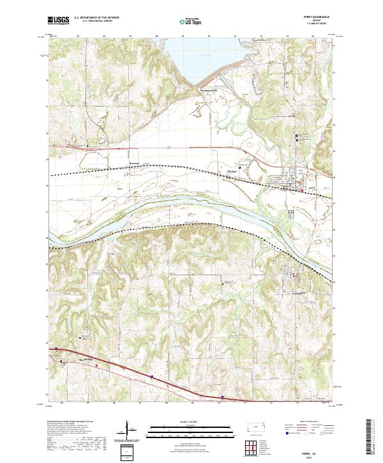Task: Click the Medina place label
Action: tap(234, 171)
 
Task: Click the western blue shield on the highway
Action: tap(56, 349)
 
